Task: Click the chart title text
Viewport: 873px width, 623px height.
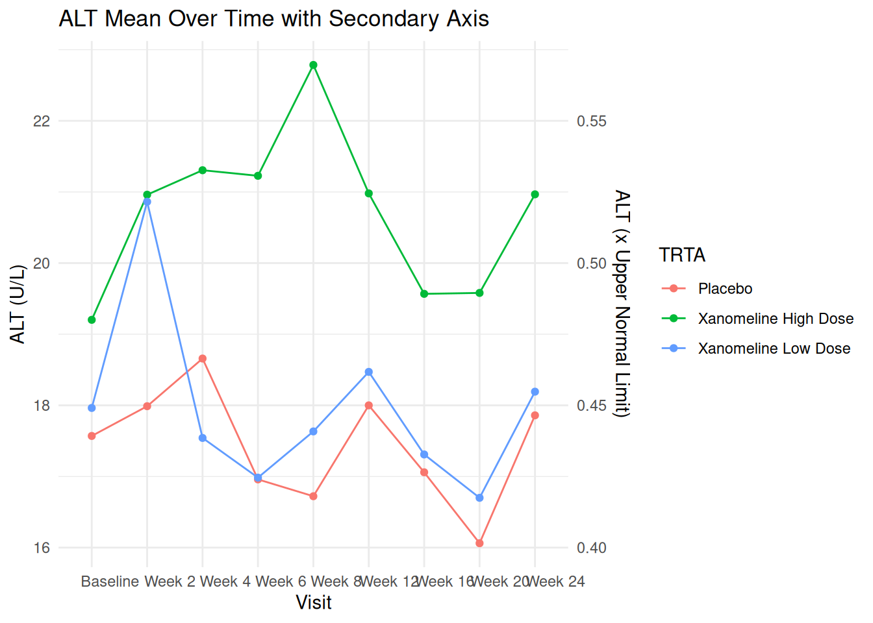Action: (273, 19)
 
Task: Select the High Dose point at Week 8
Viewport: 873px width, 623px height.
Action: (313, 65)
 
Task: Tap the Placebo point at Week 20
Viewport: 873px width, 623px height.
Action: (479, 543)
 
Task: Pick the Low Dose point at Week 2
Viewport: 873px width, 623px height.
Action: (147, 202)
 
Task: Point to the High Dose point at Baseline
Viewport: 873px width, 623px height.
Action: (92, 320)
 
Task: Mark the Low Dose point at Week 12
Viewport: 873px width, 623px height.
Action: (369, 372)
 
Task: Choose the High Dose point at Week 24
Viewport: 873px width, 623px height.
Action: (535, 195)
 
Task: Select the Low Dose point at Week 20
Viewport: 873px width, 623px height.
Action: (479, 498)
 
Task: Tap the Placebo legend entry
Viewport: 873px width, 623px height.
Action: (725, 289)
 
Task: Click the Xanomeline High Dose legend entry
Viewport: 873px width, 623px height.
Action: (776, 319)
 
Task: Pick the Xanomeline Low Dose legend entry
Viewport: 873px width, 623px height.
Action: (774, 348)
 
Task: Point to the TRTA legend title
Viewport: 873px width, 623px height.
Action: (682, 255)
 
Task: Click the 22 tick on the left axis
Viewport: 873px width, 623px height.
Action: (42, 121)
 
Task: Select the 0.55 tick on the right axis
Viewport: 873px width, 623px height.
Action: (591, 121)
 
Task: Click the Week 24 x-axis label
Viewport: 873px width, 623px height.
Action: (556, 581)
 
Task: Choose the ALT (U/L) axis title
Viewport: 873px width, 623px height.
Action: (18, 304)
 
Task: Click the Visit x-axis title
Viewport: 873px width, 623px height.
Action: (314, 603)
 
